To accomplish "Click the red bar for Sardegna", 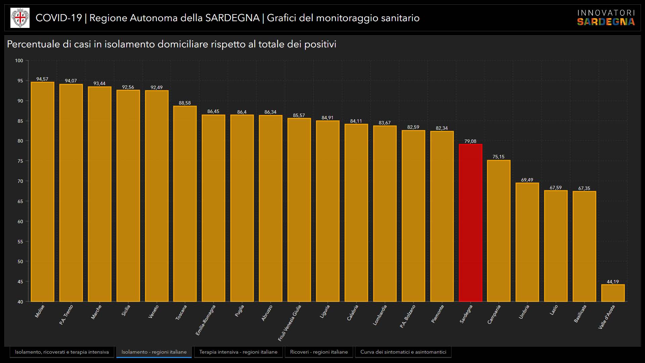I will pyautogui.click(x=470, y=223).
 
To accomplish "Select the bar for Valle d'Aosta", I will pyautogui.click(x=613, y=293).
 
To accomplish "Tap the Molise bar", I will pyautogui.click(x=42, y=192).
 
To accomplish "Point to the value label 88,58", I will pyautogui.click(x=185, y=103).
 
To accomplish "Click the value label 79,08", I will pyautogui.click(x=470, y=141).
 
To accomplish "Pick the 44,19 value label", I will pyautogui.click(x=613, y=282).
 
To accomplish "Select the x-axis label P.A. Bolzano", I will pyautogui.click(x=407, y=316).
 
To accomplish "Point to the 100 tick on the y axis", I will pyautogui.click(x=19, y=61).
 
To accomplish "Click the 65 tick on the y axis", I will pyautogui.click(x=20, y=201).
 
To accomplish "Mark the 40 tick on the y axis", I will pyautogui.click(x=20, y=302).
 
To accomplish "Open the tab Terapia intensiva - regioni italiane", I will pyautogui.click(x=238, y=352).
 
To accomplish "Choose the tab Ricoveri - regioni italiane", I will pyautogui.click(x=319, y=352).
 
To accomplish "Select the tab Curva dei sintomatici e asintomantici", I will pyautogui.click(x=403, y=352).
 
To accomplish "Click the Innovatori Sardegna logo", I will pyautogui.click(x=606, y=18).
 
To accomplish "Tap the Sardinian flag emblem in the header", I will pyautogui.click(x=20, y=18).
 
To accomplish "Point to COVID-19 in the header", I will pyautogui.click(x=59, y=18).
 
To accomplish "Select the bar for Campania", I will pyautogui.click(x=499, y=231).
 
